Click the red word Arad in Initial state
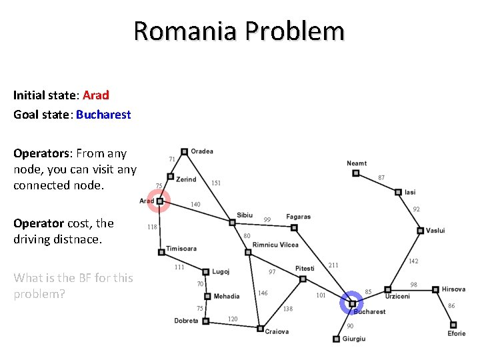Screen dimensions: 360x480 tap(95, 95)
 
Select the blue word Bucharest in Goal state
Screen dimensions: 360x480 tap(103, 114)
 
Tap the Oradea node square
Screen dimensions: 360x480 tap(184, 152)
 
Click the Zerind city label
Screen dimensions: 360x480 tap(186, 179)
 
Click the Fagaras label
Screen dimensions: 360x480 tap(298, 217)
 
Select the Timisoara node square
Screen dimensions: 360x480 tap(161, 252)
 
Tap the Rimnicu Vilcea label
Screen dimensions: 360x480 tap(275, 245)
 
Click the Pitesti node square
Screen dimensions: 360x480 tap(303, 279)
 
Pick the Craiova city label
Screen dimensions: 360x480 tap(277, 331)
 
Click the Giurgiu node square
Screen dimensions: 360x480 tap(336, 339)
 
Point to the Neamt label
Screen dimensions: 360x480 tap(357, 163)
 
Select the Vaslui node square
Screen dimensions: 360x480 tap(420, 231)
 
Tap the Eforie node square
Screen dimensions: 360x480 tap(453, 325)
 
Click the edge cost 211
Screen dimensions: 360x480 tap(333, 265)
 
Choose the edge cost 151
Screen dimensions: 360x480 tap(216, 183)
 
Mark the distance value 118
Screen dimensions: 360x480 tap(152, 227)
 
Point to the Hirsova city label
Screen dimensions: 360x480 tap(453, 289)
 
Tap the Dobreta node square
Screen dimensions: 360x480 tap(205, 321)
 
